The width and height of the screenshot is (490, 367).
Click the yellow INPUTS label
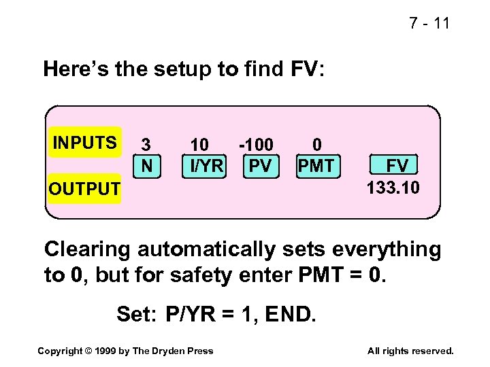[x=85, y=143]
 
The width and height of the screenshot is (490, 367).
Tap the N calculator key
[x=146, y=165]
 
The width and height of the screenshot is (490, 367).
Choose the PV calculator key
[x=260, y=165]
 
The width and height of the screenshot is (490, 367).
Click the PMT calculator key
[x=316, y=165]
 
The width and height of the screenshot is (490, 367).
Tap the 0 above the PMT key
[x=316, y=145]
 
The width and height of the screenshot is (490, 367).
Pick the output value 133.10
[x=393, y=187]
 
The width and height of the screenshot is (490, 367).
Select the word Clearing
[x=88, y=250]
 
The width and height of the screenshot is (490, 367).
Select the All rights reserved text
[x=410, y=351]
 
